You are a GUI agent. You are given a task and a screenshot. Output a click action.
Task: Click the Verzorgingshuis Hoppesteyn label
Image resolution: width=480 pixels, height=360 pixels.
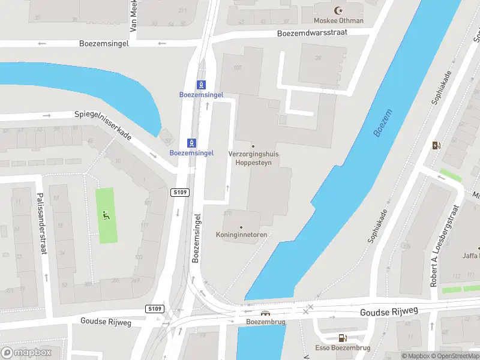coord(253,158)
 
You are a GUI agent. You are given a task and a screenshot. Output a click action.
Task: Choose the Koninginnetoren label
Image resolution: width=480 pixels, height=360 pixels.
coord(241,235)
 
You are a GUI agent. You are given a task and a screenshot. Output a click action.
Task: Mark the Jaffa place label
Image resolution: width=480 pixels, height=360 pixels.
coord(471,256)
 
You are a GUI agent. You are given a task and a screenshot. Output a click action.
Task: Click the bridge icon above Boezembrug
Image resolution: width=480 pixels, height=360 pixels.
coord(265,313)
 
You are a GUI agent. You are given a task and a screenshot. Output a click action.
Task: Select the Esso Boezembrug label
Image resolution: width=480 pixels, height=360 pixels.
coord(343,348)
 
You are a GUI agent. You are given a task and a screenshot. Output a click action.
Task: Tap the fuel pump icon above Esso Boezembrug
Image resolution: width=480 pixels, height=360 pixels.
coord(343,338)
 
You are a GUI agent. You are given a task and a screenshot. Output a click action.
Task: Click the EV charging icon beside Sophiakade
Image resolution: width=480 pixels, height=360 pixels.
coord(436,145)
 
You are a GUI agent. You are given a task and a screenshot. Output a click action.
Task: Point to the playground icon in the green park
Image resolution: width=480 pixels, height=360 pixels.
coord(106,215)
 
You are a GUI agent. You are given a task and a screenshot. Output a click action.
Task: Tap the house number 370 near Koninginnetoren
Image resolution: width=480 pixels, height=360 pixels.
coord(227,213)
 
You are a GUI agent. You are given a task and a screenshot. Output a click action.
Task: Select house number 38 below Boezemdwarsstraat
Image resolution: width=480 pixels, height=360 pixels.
coord(318,58)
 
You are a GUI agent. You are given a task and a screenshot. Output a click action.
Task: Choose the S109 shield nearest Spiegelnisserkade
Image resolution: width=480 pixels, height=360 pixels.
coord(179,192)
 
